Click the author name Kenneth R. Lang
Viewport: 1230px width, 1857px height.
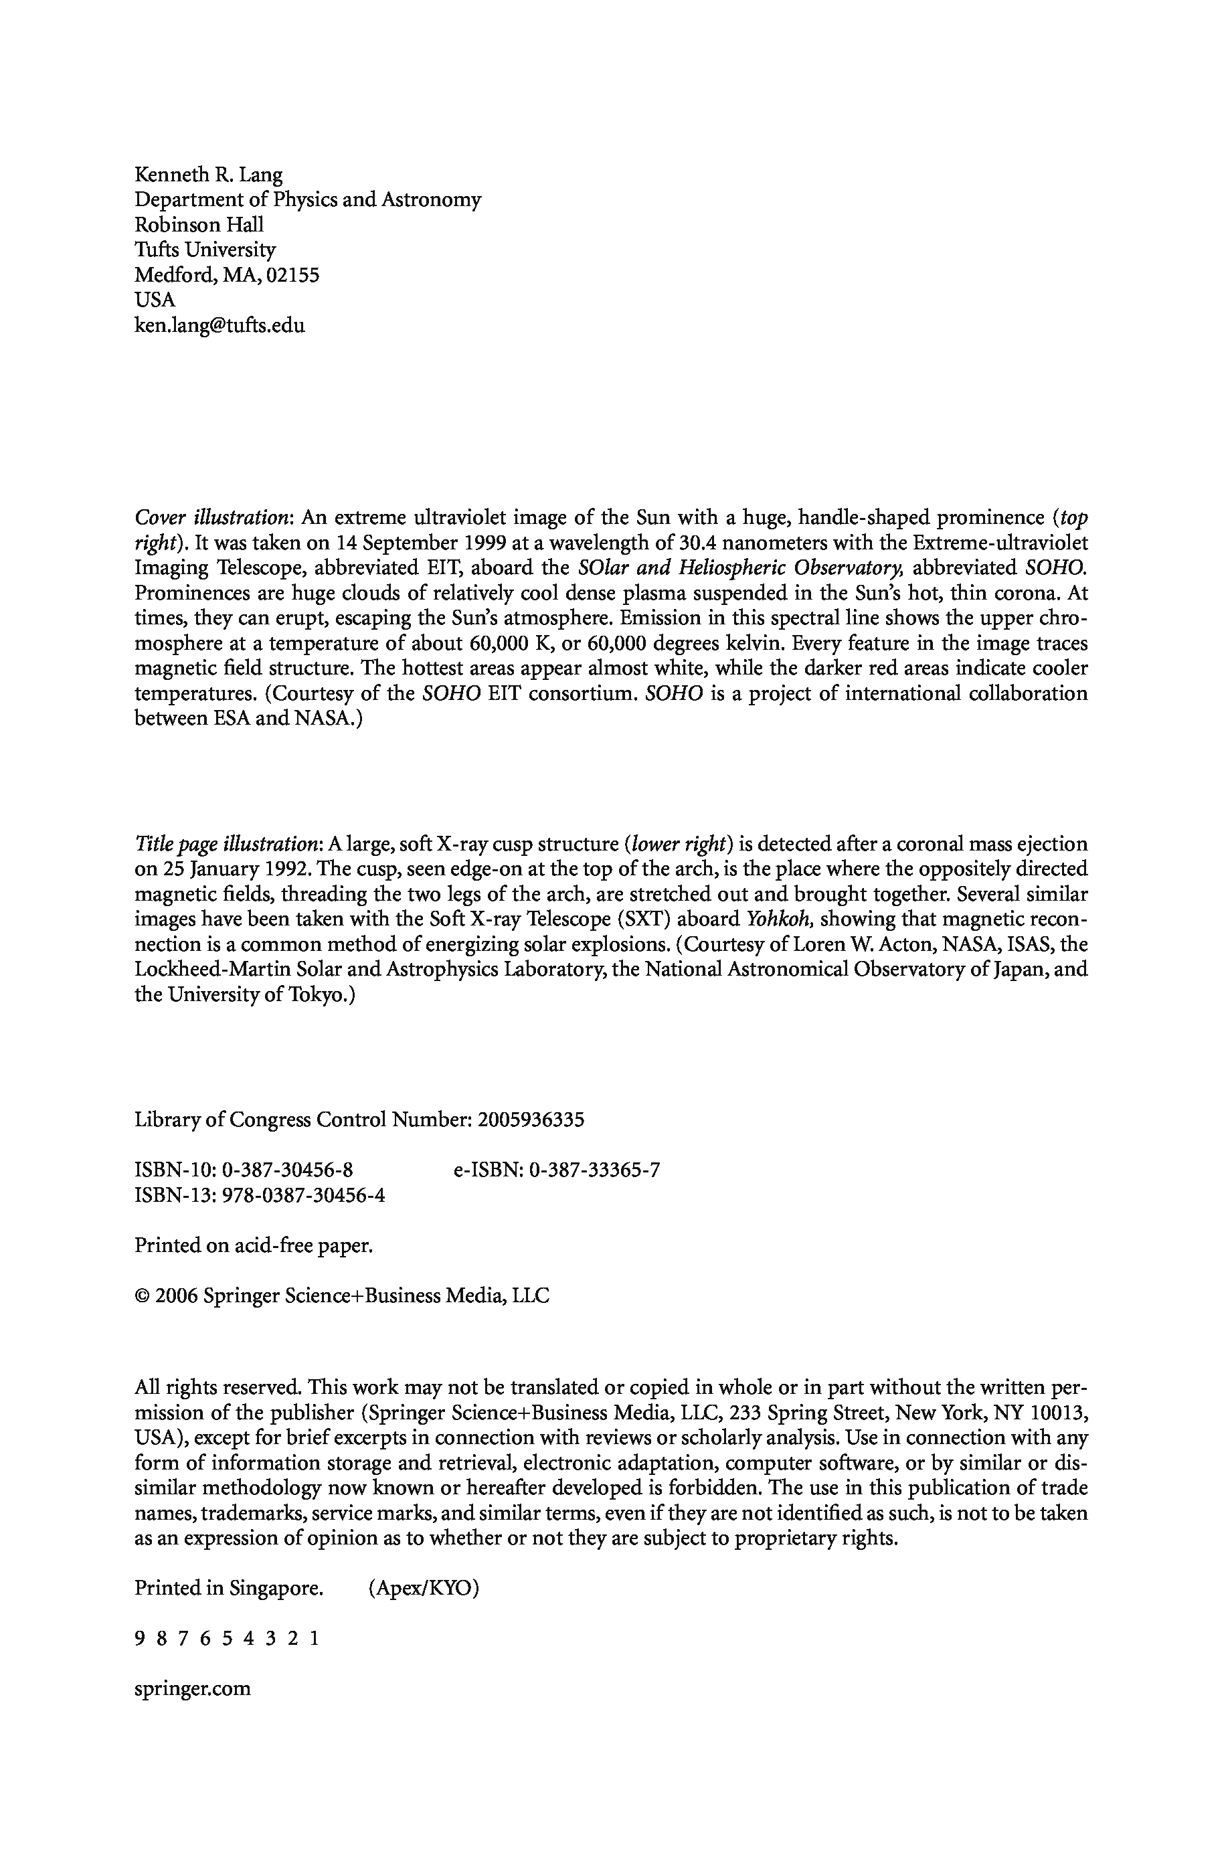click(x=209, y=175)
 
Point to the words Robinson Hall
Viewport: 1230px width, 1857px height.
click(x=199, y=225)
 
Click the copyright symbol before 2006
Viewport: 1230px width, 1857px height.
click(x=142, y=1296)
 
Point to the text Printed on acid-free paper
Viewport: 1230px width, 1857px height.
click(x=254, y=1245)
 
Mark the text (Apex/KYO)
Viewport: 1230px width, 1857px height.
click(x=423, y=1588)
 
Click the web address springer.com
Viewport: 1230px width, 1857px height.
click(x=193, y=1688)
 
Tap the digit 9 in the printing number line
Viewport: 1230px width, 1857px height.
click(x=140, y=1638)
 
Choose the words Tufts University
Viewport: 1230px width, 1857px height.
click(x=205, y=250)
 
